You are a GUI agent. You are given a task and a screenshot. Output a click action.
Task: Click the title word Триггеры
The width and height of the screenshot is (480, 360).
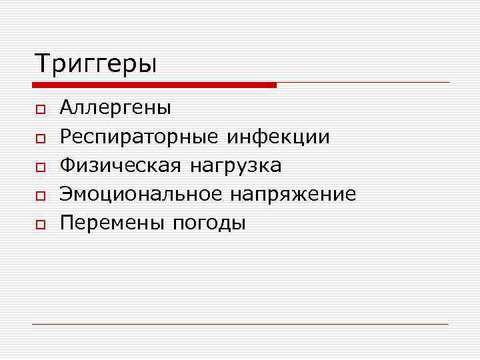[96, 64]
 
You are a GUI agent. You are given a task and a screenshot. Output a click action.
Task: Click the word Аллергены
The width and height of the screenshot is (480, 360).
[115, 107]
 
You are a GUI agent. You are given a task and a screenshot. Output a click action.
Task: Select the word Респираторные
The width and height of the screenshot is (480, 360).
[139, 137]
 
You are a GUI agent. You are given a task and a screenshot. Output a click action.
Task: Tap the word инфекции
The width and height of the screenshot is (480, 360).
[278, 137]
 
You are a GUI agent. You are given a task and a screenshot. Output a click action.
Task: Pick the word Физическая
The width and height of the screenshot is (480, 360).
[120, 165]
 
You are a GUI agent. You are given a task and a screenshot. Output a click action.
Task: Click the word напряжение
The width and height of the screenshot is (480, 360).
[293, 195]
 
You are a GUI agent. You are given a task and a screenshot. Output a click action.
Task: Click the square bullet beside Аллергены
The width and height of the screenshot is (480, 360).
[40, 109]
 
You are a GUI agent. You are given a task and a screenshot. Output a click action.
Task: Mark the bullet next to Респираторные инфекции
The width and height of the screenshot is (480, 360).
[40, 139]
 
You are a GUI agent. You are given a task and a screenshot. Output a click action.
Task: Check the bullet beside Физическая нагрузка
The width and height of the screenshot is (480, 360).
[40, 167]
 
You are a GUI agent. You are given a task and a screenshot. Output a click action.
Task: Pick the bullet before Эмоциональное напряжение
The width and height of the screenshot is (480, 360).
[40, 196]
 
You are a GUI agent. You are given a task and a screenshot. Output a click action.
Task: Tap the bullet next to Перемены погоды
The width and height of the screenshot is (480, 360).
[40, 225]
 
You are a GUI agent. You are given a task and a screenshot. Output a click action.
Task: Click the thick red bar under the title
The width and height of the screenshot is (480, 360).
[154, 85]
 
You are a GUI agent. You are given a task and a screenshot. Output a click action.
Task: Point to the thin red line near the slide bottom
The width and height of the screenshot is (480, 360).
[240, 324]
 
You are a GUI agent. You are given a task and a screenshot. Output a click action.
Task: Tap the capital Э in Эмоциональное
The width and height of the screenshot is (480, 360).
[66, 194]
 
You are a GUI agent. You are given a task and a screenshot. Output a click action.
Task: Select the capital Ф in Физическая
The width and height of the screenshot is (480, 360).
[67, 165]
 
